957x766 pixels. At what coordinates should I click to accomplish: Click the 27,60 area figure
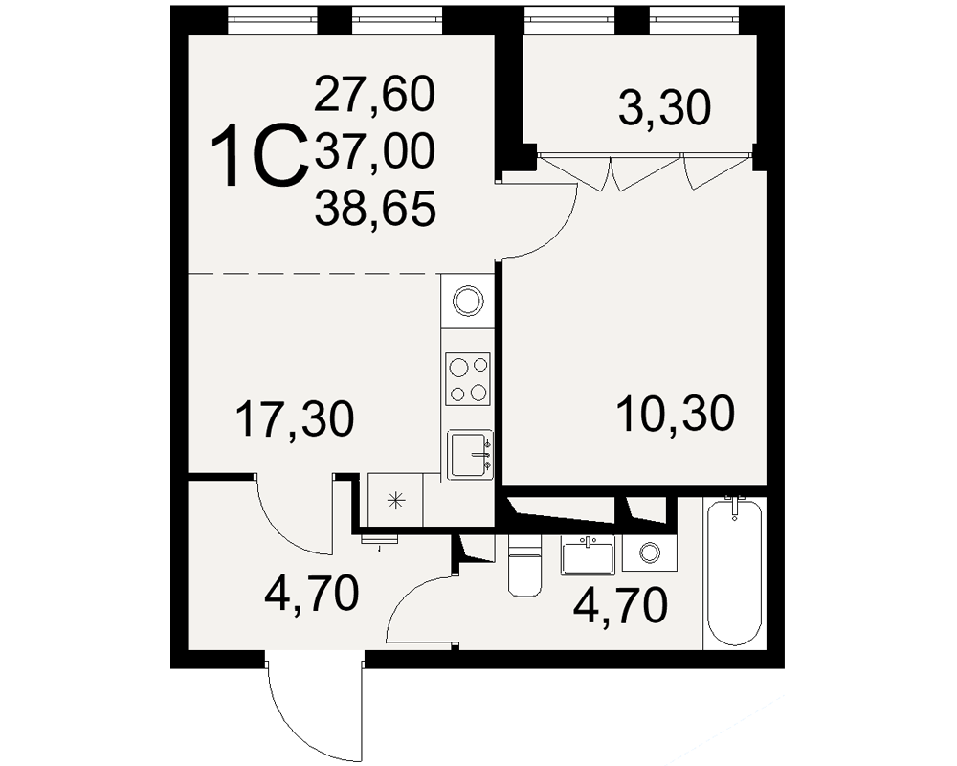pos(375,94)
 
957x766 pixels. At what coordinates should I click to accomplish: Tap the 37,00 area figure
pos(375,150)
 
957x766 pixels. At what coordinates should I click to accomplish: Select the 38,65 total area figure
pos(375,208)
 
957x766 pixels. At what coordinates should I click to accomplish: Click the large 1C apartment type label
pos(259,155)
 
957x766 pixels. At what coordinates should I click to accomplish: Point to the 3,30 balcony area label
pos(665,107)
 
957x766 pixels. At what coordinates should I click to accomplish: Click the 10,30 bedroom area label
pos(676,414)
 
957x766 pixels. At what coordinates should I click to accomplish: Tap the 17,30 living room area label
pos(295,418)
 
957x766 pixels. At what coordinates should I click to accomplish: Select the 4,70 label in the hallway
pos(311,594)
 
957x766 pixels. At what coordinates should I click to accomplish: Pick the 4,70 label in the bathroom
pos(621,605)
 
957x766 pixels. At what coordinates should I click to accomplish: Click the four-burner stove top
pos(468,379)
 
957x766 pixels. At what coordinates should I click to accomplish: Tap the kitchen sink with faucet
pos(470,455)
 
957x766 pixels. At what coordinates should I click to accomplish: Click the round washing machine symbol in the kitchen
pos(468,301)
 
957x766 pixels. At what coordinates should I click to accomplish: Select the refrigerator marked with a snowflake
pos(395,500)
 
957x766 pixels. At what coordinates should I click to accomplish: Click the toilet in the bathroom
pos(524,564)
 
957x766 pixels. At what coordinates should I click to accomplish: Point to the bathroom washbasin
pos(588,554)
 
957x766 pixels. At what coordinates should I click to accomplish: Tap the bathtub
pos(735,572)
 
